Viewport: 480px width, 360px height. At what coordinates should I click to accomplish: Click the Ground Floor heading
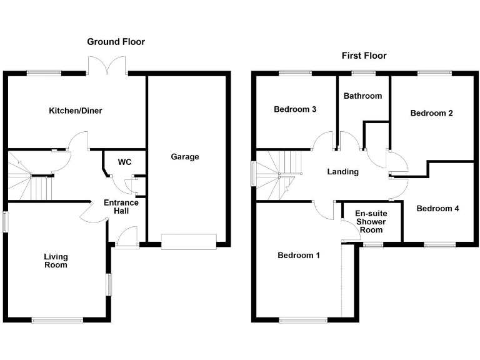tap(116, 42)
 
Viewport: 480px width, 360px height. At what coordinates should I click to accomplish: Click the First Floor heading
tap(364, 56)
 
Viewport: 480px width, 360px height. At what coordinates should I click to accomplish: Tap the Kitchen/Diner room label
tap(76, 111)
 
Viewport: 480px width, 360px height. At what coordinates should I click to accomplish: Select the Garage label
tap(185, 156)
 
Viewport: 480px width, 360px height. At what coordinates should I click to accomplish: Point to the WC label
tap(124, 162)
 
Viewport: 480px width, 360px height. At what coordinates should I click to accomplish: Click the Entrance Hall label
tap(121, 207)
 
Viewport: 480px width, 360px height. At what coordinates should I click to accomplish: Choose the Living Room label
tap(56, 261)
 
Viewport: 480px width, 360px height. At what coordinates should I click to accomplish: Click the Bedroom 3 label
tap(295, 109)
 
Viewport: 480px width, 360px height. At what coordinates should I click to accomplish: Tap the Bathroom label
tap(363, 96)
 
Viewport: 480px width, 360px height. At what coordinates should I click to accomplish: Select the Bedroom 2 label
tap(431, 113)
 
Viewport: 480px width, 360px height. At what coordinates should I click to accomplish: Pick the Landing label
tap(343, 172)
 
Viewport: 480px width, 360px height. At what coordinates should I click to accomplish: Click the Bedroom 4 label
tap(438, 208)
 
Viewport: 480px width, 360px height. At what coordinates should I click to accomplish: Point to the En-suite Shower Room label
tap(371, 221)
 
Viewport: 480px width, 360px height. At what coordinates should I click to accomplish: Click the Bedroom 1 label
tap(299, 255)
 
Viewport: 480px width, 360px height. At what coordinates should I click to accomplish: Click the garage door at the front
tap(188, 242)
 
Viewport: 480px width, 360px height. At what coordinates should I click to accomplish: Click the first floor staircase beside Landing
tap(277, 176)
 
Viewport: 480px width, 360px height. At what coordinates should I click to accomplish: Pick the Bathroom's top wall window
tap(363, 73)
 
